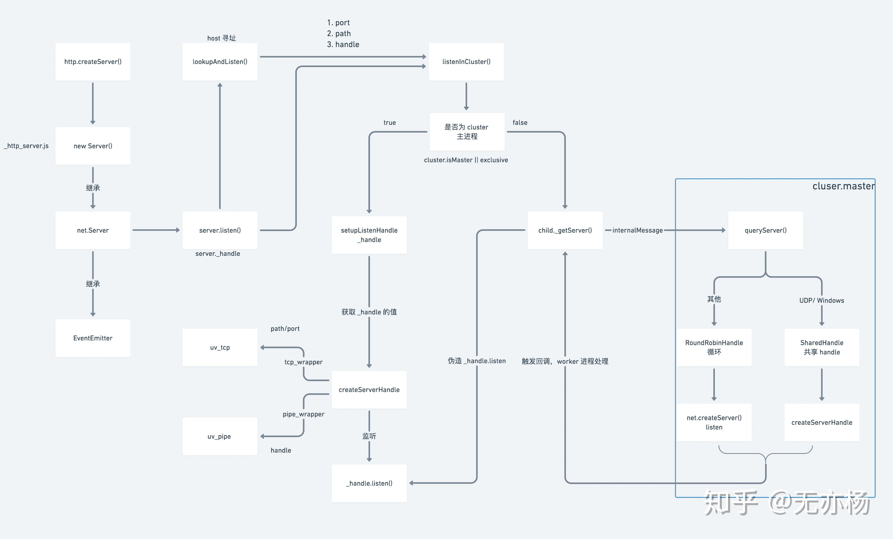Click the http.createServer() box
93,62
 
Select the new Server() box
93,146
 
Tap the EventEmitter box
93,338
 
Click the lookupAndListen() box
220,62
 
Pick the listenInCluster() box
466,62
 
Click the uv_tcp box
220,347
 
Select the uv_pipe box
220,436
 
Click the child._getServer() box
565,230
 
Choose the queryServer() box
765,230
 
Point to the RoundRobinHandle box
714,347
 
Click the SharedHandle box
822,347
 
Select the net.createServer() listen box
714,422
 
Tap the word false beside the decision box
520,123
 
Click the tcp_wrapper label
303,362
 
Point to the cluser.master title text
843,186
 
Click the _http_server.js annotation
26,146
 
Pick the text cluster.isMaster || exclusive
466,160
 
